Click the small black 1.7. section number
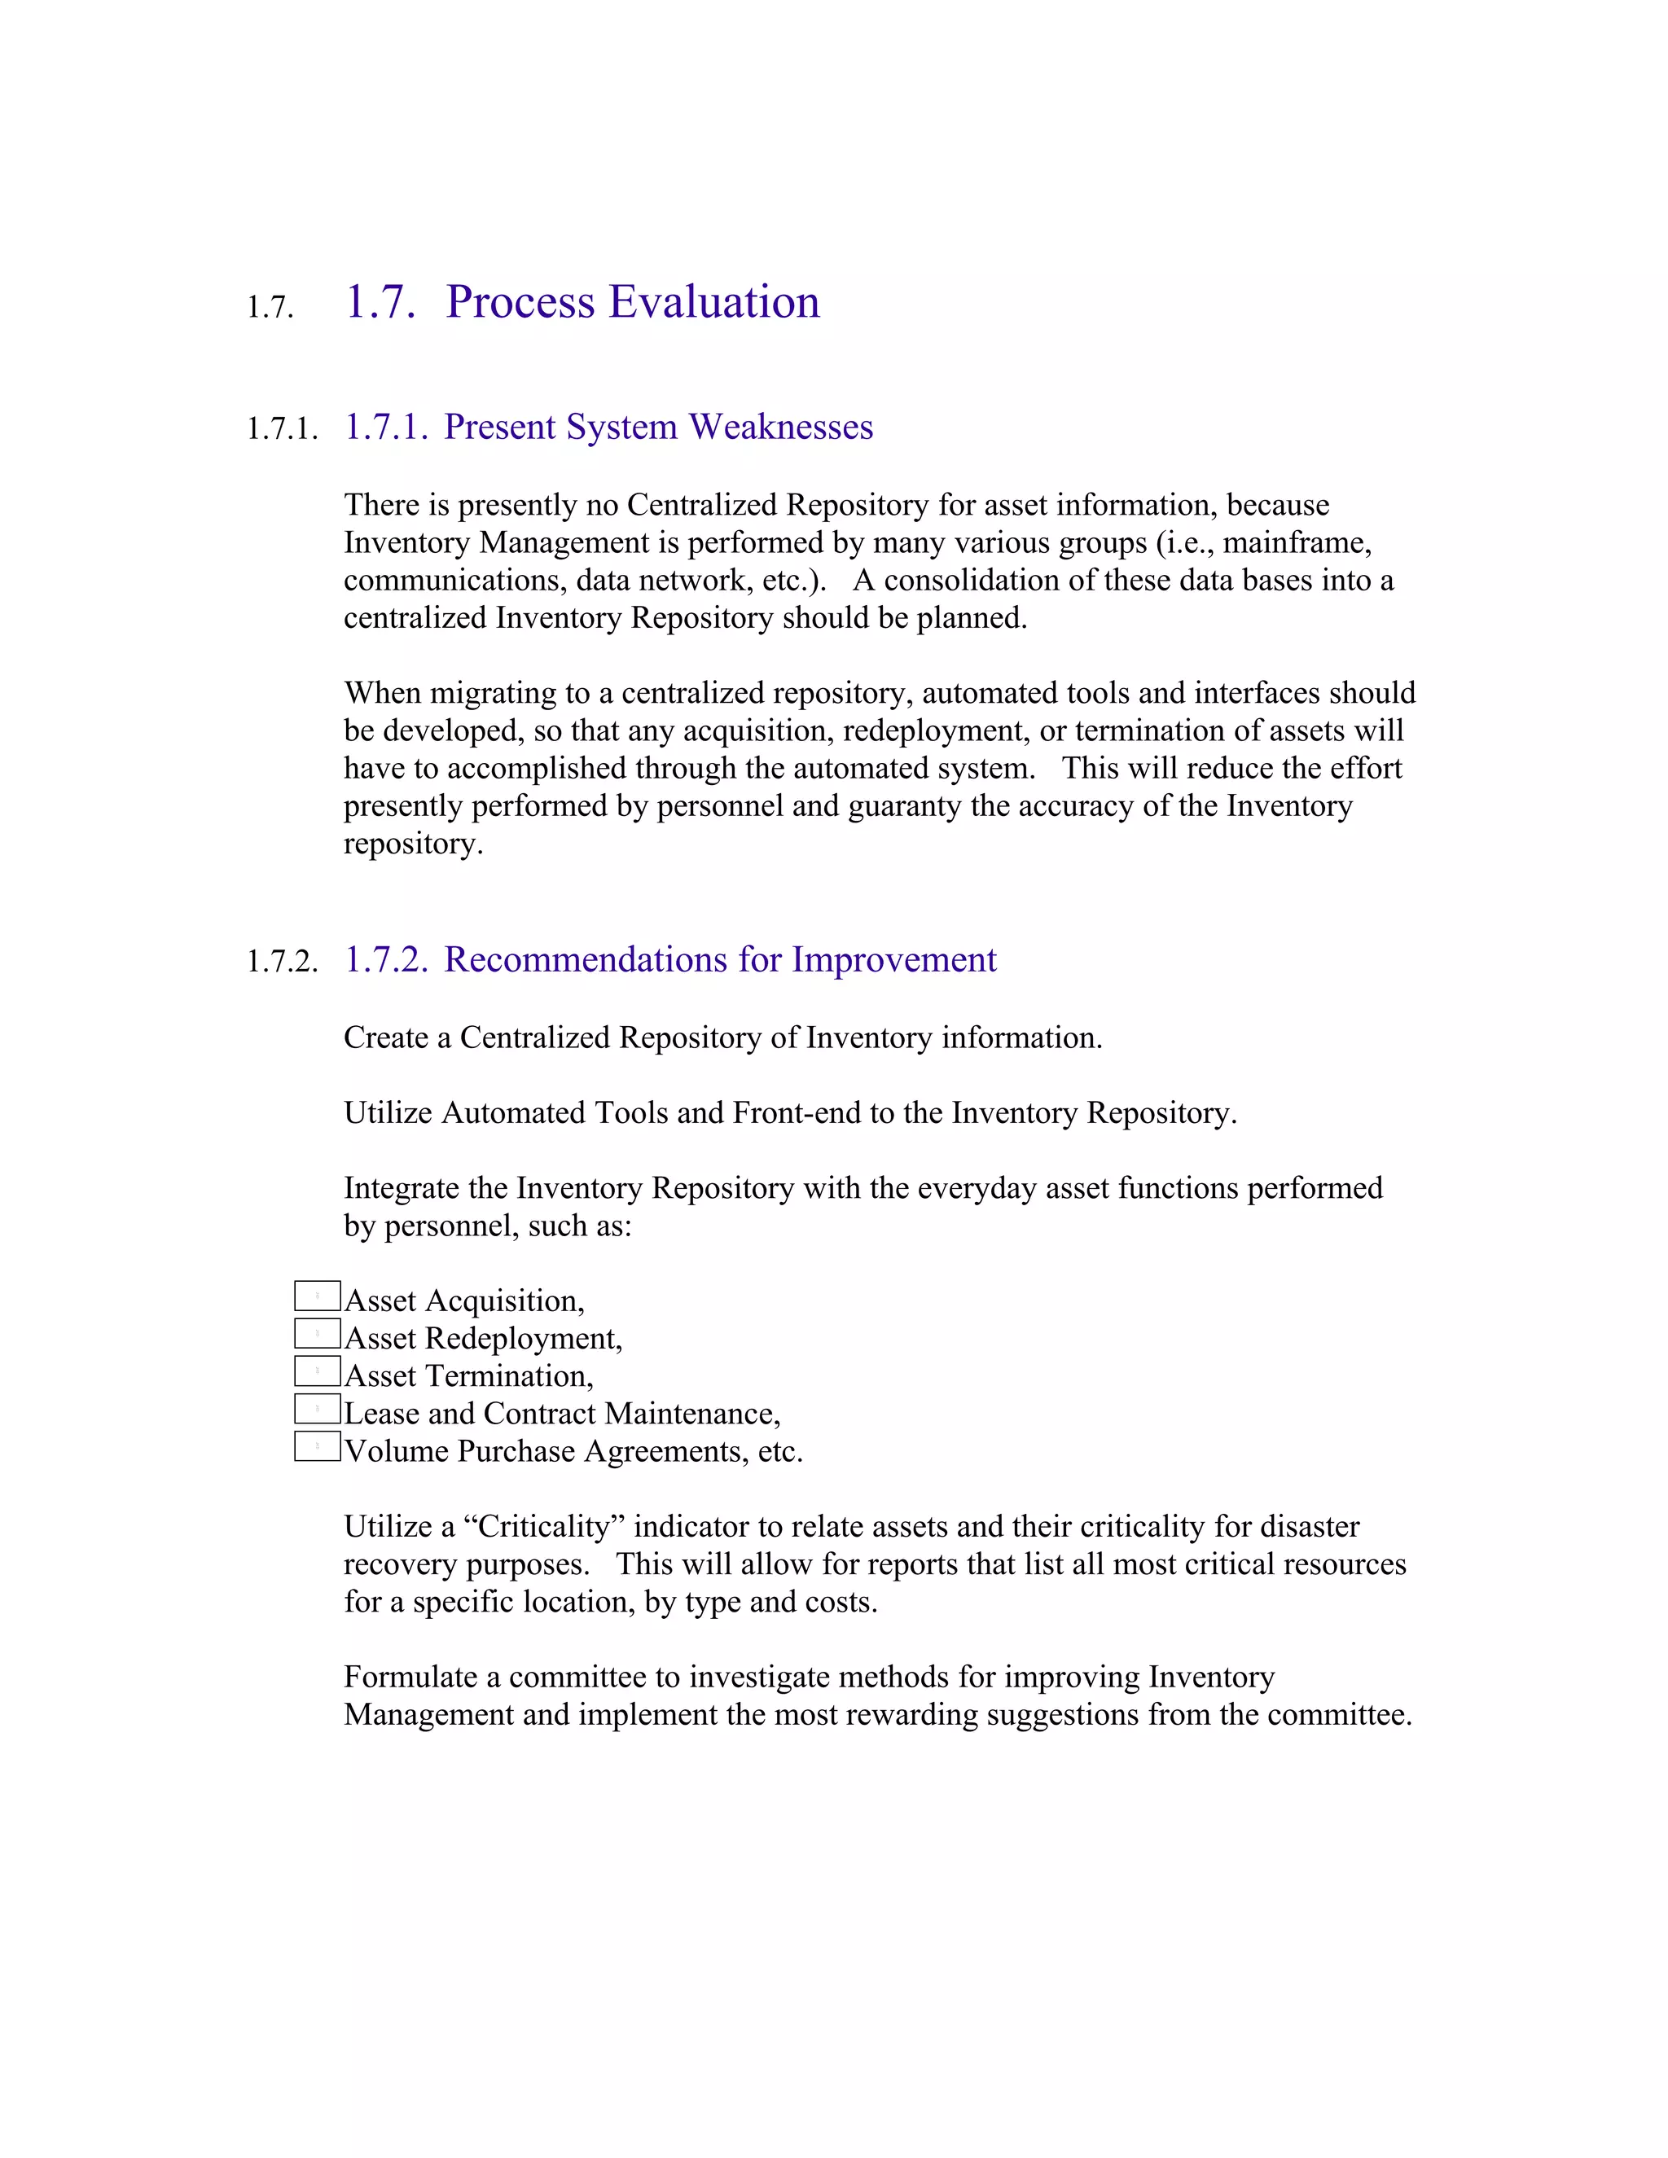[x=270, y=307]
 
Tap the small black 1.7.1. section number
[x=283, y=429]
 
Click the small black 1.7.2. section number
[x=283, y=962]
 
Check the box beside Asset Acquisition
[x=317, y=1296]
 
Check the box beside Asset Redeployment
[x=317, y=1333]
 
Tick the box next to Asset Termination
[x=317, y=1371]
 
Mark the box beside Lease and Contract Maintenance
[x=317, y=1408]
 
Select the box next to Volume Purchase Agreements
[x=317, y=1445]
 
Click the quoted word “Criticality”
[x=543, y=1527]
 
